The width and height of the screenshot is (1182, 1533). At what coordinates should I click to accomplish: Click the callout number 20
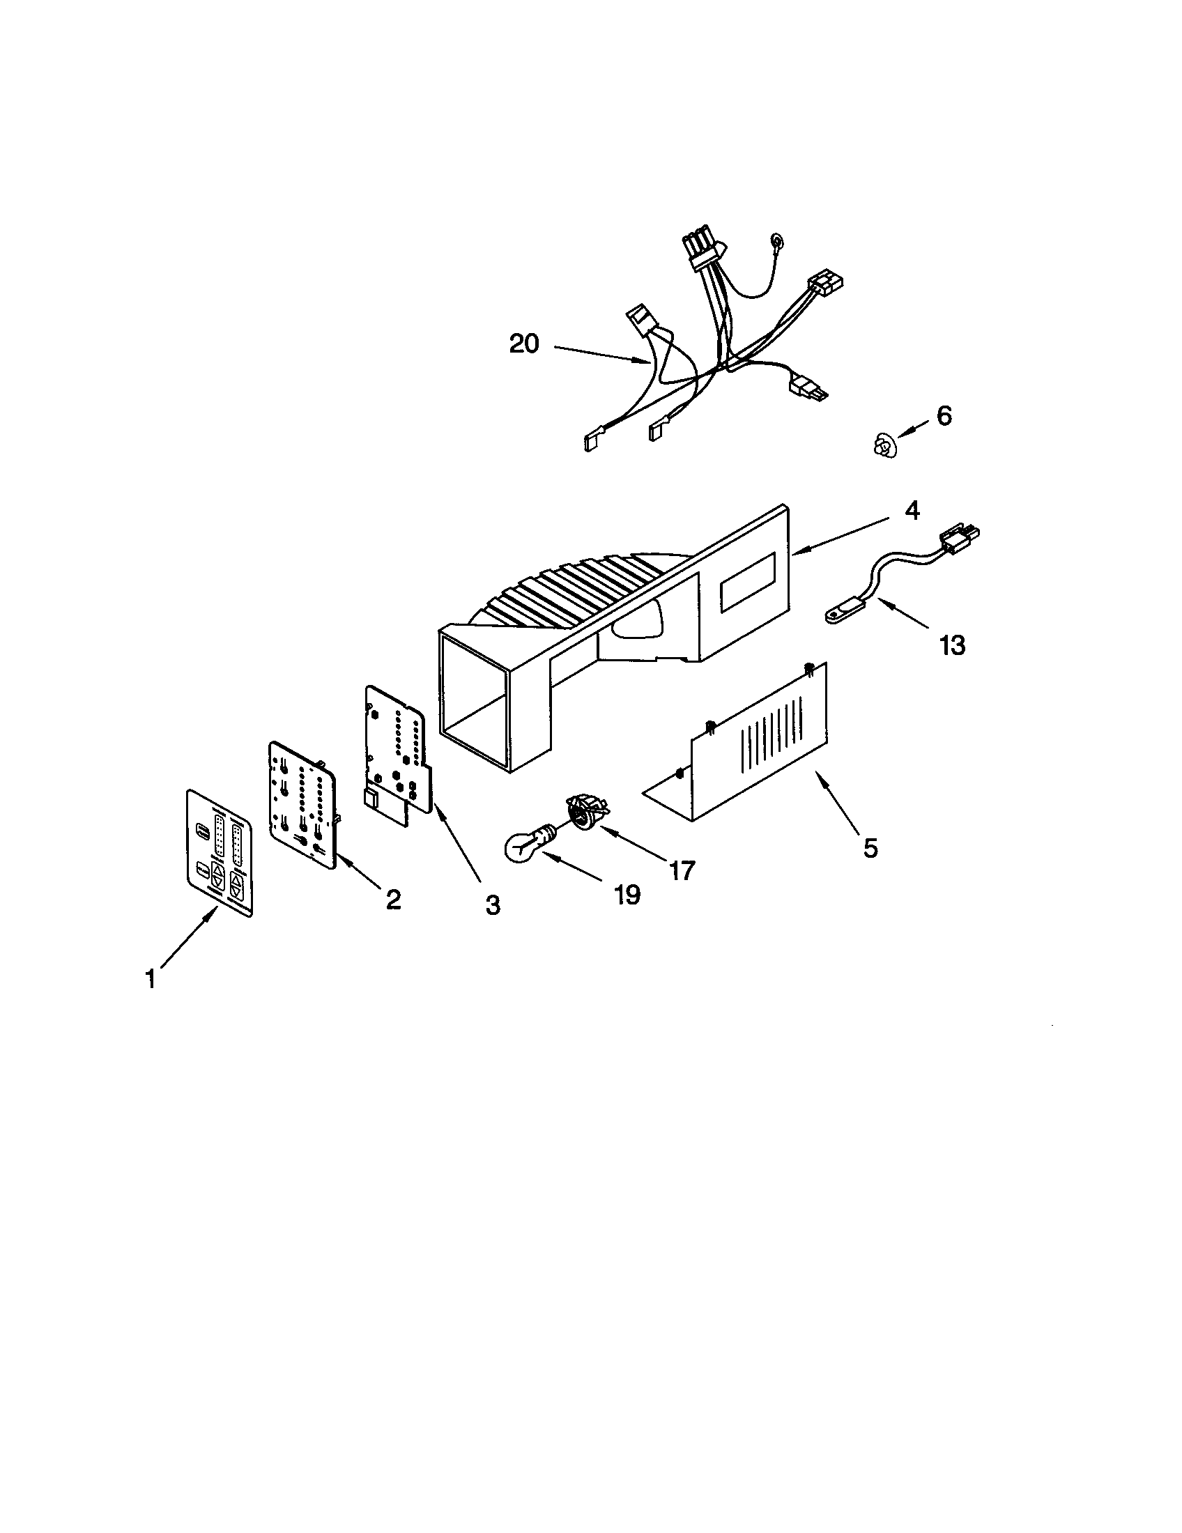(x=523, y=344)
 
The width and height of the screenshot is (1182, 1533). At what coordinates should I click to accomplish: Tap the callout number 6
(x=944, y=416)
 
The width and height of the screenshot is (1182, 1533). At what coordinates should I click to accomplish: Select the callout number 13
(x=952, y=645)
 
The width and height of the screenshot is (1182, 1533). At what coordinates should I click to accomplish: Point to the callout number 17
(x=682, y=870)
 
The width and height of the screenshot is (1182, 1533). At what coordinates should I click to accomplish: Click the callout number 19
(x=627, y=894)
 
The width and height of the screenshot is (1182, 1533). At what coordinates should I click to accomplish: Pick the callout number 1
(x=151, y=978)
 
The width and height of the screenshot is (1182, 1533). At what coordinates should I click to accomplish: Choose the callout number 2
(x=393, y=899)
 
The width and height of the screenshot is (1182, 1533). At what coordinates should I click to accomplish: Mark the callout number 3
(x=493, y=905)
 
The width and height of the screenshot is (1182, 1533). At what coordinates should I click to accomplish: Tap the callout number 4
(x=912, y=511)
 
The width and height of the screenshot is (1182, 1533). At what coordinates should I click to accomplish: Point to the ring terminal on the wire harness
(x=777, y=242)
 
